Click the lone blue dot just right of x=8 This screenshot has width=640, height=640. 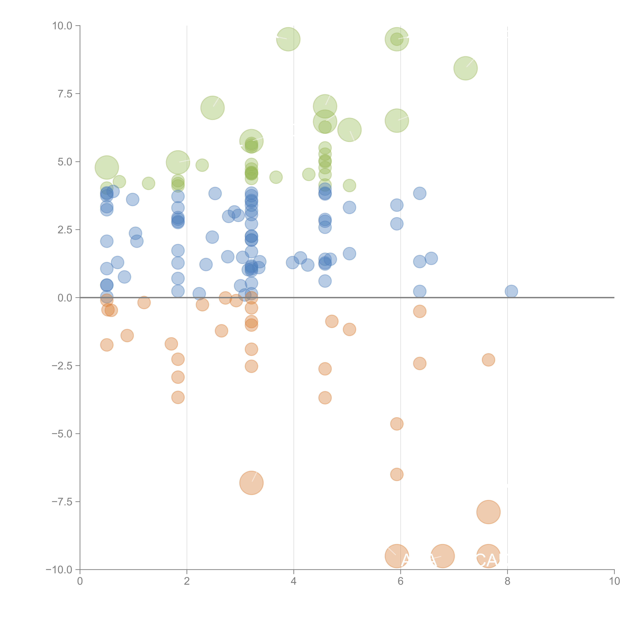511,291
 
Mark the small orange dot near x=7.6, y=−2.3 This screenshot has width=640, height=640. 488,360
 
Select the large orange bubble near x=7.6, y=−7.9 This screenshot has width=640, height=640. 488,512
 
